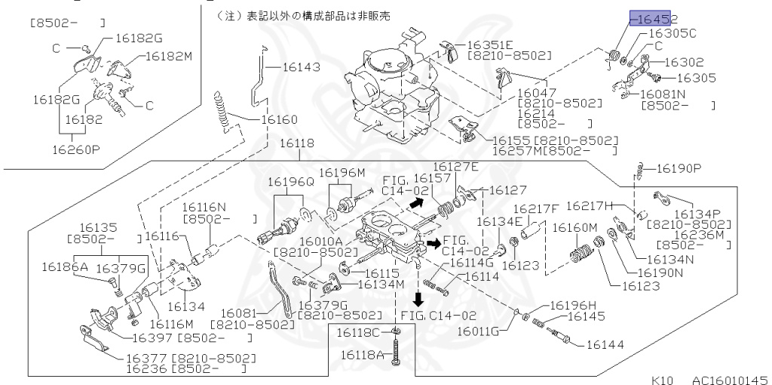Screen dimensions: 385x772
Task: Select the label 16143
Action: click(301, 67)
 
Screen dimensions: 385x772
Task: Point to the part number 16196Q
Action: click(291, 181)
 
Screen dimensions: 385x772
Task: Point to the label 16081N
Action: click(663, 94)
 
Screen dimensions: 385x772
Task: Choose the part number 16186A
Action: click(64, 266)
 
